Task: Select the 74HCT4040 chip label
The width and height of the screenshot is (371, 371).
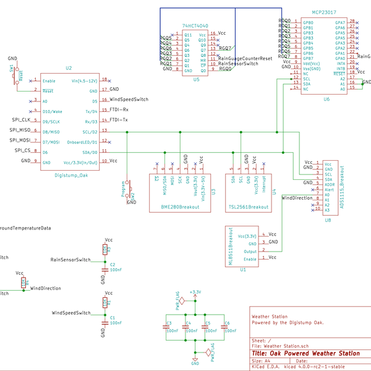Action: tap(195, 25)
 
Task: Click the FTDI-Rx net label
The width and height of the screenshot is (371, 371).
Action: tap(119, 109)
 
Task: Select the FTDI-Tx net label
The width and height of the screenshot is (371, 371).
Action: tap(119, 119)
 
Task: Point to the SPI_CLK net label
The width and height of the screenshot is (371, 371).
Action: tap(21, 119)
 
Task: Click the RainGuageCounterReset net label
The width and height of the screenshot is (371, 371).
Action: tap(245, 58)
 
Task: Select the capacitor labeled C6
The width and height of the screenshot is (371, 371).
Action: tap(226, 326)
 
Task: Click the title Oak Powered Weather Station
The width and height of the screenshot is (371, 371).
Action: tap(305, 354)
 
